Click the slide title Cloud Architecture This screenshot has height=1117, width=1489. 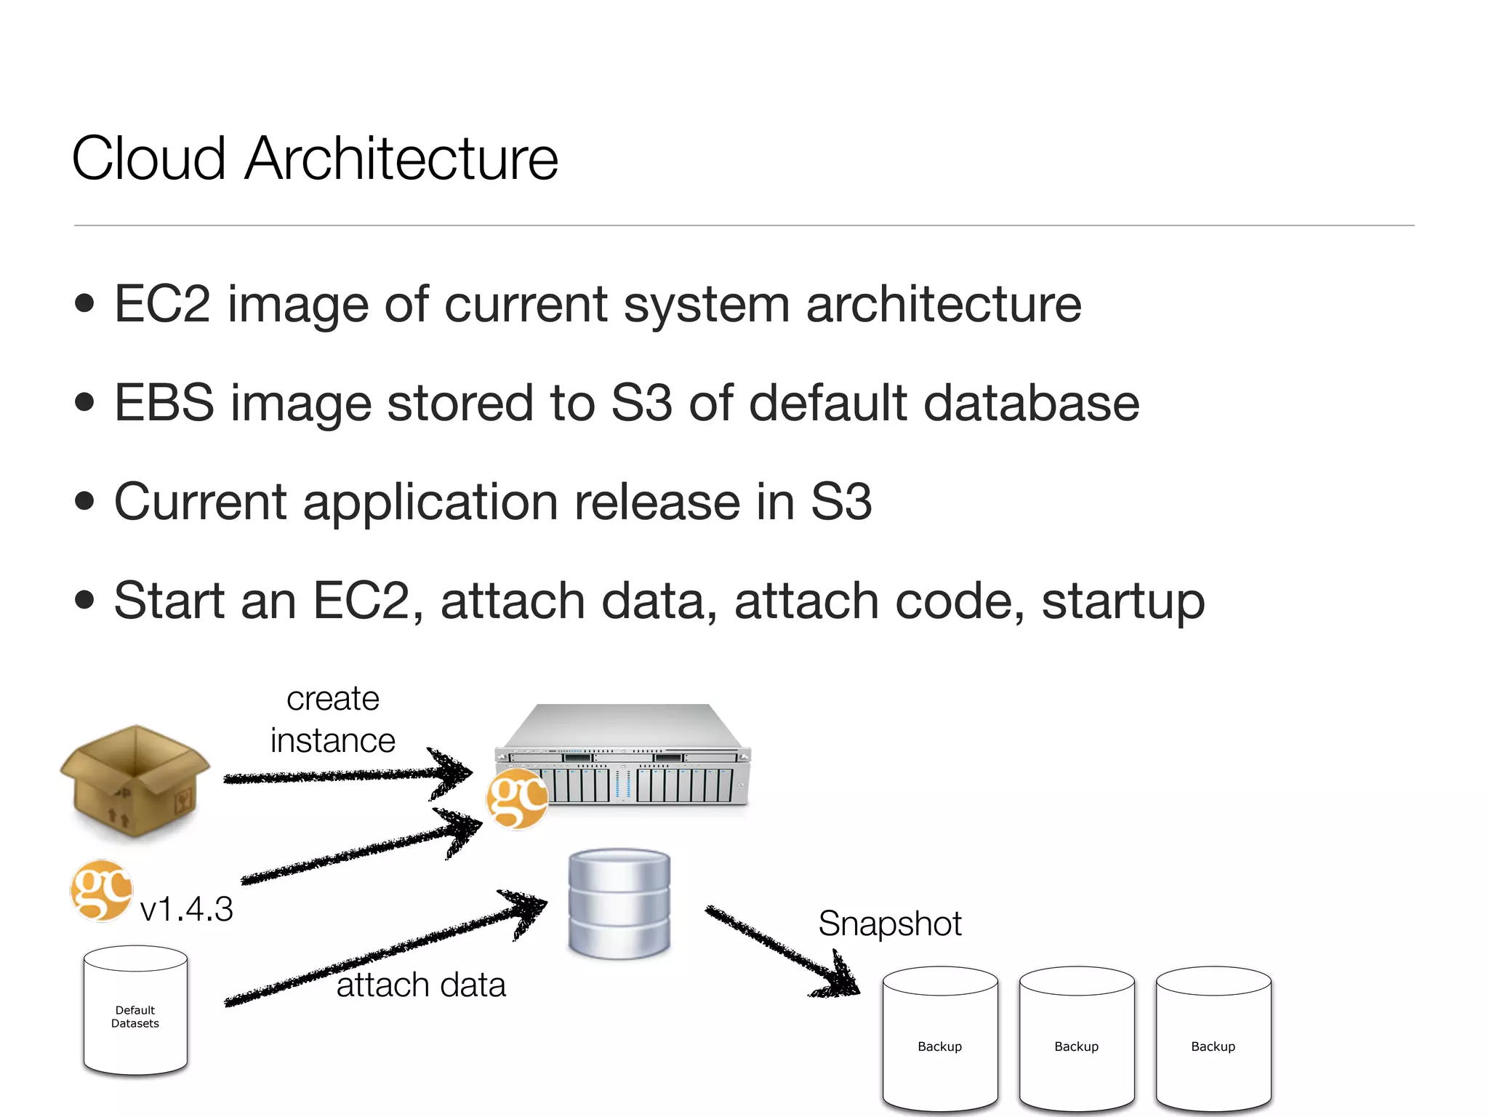(x=315, y=159)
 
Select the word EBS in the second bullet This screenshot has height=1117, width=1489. (x=164, y=403)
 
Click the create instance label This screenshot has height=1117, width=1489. (x=333, y=720)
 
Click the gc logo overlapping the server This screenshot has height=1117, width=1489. (x=517, y=800)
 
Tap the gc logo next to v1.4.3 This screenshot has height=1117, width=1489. (x=101, y=891)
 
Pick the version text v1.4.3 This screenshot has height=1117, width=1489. (x=186, y=909)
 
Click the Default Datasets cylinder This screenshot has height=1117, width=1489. (x=135, y=1011)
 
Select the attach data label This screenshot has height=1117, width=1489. (x=421, y=985)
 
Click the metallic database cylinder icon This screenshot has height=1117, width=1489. (x=619, y=903)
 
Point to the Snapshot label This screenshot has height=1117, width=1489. (x=890, y=924)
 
